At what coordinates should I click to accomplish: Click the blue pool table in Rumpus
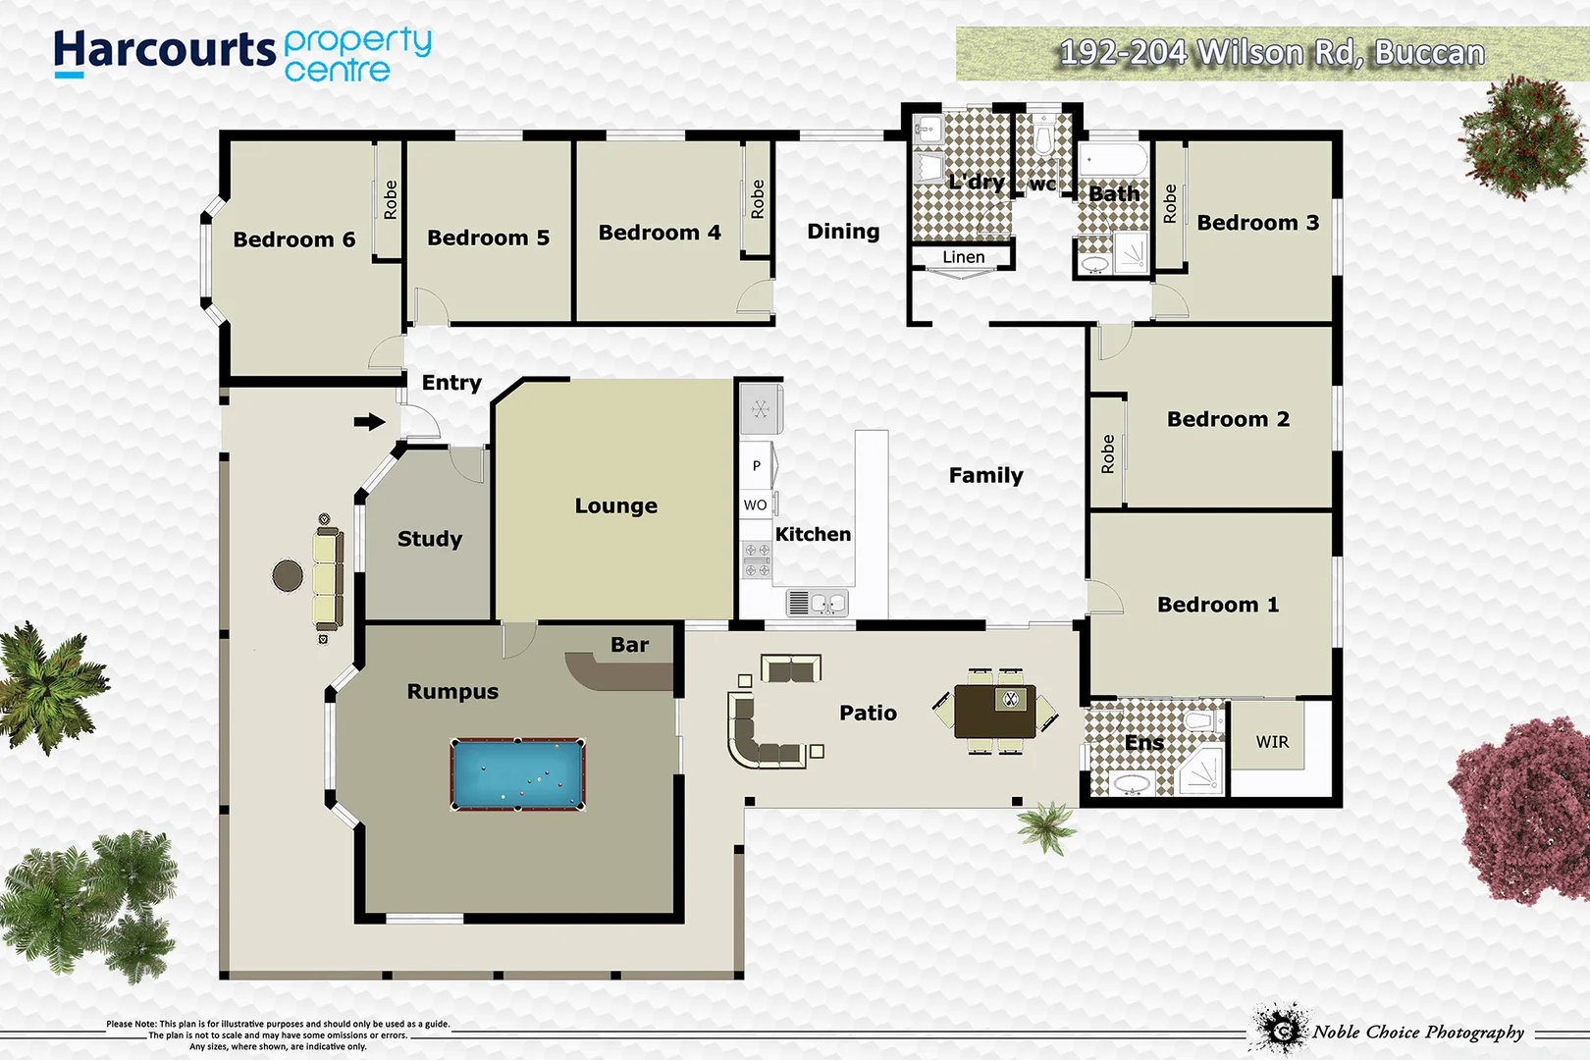pos(517,774)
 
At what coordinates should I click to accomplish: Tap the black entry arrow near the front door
pos(369,422)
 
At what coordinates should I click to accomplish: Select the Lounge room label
pos(615,505)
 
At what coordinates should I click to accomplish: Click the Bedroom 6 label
pos(293,239)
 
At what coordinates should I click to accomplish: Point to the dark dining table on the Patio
pos(995,712)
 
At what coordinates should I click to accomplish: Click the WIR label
pos(1272,742)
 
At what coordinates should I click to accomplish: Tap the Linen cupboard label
pos(963,257)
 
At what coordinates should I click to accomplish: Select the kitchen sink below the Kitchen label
pos(818,602)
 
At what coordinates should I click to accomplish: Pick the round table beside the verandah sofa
pos(288,575)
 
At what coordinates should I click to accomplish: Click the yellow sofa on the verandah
pos(328,579)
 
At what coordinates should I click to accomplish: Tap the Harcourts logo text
pos(164,51)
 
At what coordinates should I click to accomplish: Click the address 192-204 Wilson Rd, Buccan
pos(1271,52)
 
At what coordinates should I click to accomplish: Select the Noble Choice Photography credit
pos(1417,1032)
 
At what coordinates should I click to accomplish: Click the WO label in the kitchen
pos(755,504)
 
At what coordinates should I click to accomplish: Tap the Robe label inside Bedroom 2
pos(1107,454)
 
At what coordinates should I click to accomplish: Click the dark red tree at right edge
pos(1524,809)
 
